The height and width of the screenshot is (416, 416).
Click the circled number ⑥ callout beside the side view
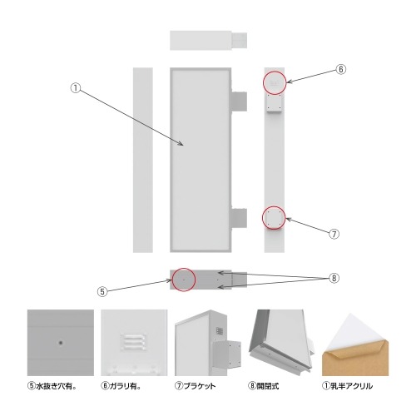click(340, 70)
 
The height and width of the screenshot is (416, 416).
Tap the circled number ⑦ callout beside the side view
click(333, 234)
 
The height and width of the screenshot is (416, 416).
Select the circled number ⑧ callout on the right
click(335, 277)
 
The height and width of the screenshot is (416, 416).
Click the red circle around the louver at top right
click(275, 82)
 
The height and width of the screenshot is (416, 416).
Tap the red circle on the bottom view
click(184, 280)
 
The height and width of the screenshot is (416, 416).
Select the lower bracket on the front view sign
click(240, 217)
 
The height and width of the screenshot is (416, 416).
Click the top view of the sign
click(208, 40)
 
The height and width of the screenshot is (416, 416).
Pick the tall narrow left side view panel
click(143, 158)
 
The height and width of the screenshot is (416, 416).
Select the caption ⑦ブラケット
click(198, 386)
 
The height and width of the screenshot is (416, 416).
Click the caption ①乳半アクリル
click(348, 386)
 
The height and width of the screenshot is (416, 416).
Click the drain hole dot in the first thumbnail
click(60, 341)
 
